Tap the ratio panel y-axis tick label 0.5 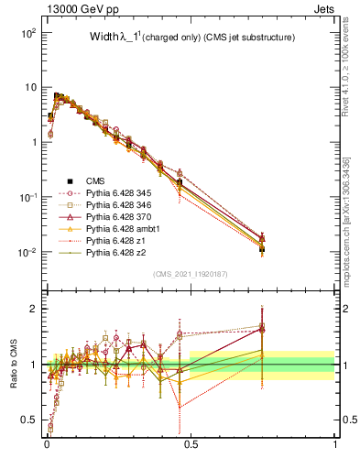pyautogui.click(x=30, y=420)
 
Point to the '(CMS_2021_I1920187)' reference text pyautogui.click(x=190, y=273)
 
